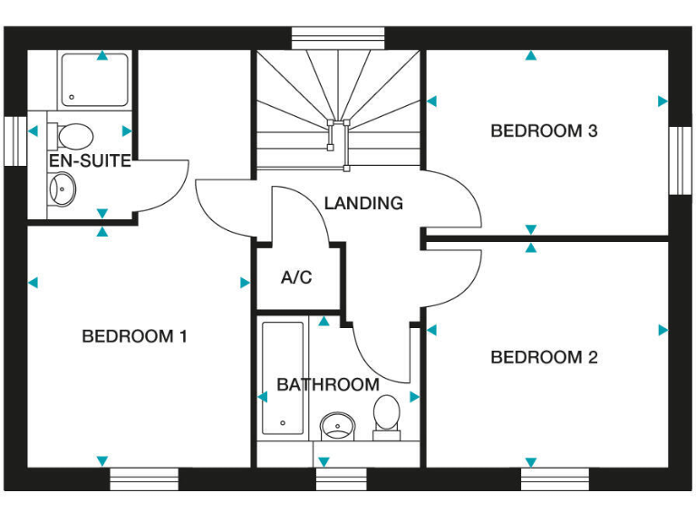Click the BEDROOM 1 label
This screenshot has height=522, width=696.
[x=134, y=336]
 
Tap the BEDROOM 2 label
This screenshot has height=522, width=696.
[x=544, y=357]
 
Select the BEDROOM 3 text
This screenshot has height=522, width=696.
[x=544, y=130]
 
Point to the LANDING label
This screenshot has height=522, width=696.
[x=363, y=203]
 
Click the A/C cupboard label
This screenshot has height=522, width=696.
[x=296, y=277]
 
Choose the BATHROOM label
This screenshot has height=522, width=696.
[x=328, y=384]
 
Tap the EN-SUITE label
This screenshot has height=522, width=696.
[x=90, y=162]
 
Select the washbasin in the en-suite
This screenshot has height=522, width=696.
[x=62, y=188]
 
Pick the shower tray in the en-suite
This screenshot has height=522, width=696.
[x=95, y=81]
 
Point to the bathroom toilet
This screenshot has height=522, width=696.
[x=387, y=416]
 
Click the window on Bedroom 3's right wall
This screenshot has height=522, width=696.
[x=681, y=160]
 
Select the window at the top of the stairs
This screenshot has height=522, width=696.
[x=339, y=38]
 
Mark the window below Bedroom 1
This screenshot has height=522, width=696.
[x=145, y=478]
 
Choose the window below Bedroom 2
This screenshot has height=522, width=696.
[x=555, y=478]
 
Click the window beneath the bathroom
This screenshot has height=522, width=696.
[x=341, y=478]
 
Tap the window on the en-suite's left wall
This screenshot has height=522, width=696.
[x=15, y=141]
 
